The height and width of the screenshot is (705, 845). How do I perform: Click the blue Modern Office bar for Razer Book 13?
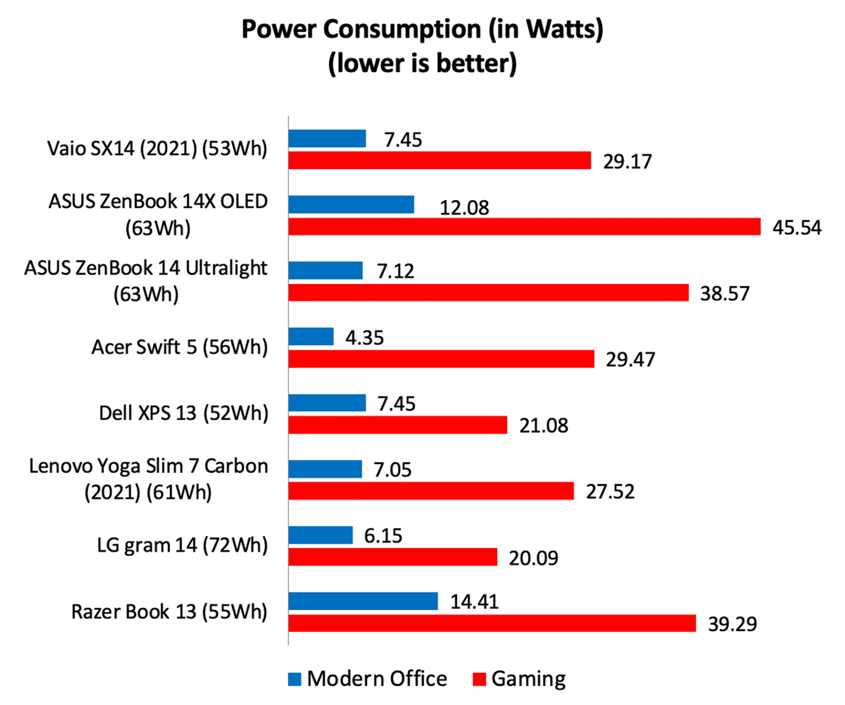[x=363, y=601]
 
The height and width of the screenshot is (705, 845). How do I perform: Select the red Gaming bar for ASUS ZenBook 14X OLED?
[x=524, y=227]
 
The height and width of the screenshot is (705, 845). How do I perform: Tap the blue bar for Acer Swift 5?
[x=311, y=337]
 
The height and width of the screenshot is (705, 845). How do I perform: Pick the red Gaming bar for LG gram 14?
[x=393, y=557]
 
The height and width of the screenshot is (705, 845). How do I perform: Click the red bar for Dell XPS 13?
[x=397, y=425]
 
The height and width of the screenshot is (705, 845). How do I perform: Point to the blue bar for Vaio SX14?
[x=327, y=139]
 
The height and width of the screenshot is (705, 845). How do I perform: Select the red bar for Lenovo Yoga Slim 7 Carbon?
[x=431, y=491]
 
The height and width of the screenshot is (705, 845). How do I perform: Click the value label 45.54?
[x=797, y=228]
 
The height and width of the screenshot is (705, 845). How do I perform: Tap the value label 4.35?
[x=364, y=338]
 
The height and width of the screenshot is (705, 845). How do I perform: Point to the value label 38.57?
[x=724, y=294]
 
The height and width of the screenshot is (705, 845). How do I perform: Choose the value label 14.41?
[x=474, y=602]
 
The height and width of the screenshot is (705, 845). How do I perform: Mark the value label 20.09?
[x=533, y=558]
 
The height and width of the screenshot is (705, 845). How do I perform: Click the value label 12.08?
[x=464, y=208]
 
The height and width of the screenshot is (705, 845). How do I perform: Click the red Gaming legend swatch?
[x=479, y=679]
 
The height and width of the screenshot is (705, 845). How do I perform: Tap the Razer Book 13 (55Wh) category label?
[x=169, y=612]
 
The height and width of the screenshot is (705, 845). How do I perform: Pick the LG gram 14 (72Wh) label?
[x=182, y=545]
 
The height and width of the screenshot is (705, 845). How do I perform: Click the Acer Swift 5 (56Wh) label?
[x=180, y=347]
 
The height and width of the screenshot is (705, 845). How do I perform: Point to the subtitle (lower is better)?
[x=422, y=63]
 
